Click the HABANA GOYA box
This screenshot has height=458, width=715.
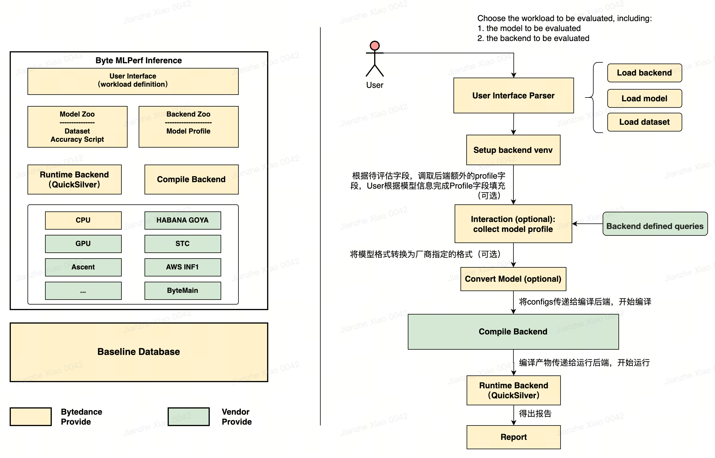point(182,221)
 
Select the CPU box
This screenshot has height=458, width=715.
point(83,221)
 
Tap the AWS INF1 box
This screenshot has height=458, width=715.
point(182,267)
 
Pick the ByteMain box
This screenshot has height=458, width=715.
point(182,290)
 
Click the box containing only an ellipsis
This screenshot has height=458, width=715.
point(83,290)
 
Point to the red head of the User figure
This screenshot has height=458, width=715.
point(374,45)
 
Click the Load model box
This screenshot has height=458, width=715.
point(644,98)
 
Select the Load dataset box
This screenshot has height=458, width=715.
point(644,122)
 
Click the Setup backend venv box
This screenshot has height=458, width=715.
point(513,150)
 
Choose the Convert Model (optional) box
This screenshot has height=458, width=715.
point(513,279)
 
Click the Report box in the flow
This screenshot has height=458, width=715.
point(513,437)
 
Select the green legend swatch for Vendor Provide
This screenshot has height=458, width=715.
point(188,417)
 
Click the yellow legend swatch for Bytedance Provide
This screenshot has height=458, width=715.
point(31,417)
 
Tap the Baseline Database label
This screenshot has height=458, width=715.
point(139,352)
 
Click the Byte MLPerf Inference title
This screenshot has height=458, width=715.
point(139,60)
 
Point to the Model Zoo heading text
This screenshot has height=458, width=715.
point(77,114)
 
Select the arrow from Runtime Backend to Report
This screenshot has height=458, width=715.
point(514,416)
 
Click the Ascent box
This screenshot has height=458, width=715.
point(83,267)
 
